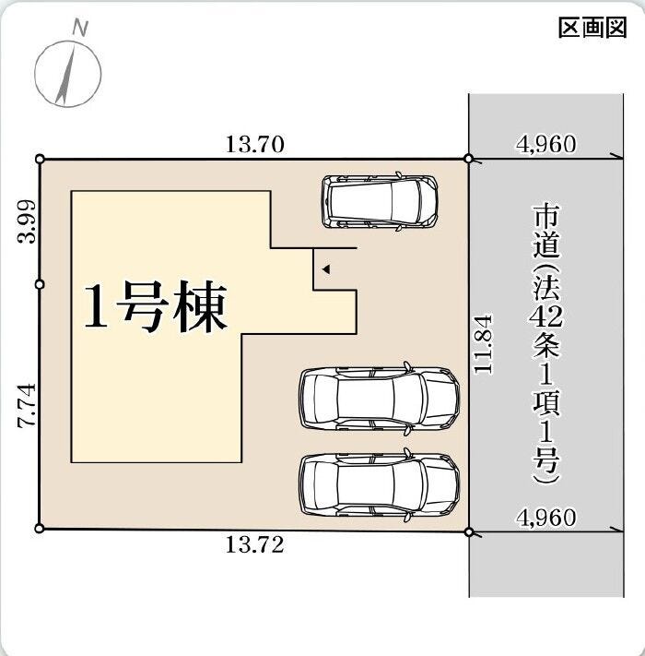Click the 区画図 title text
(x=592, y=28)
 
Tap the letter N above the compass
(x=80, y=29)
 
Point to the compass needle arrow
(x=66, y=75)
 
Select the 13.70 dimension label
(x=255, y=144)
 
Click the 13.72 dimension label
(x=255, y=544)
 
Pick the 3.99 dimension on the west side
(x=27, y=221)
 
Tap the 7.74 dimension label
(x=27, y=405)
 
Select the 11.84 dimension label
(x=484, y=344)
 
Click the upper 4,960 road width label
(x=546, y=144)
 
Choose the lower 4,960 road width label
(x=546, y=518)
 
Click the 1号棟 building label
(x=156, y=306)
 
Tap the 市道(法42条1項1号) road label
(x=546, y=344)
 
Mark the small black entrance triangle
(x=326, y=269)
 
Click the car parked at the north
(x=380, y=202)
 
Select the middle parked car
(x=380, y=399)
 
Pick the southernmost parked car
(x=380, y=485)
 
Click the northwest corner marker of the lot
(x=41, y=159)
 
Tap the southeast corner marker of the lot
(x=469, y=531)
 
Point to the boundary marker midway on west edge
(x=40, y=284)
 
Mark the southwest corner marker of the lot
(x=40, y=529)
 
